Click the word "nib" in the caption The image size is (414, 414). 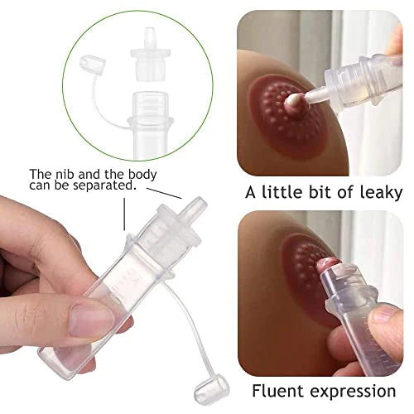[68, 175]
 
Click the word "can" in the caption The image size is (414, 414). [41, 187]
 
